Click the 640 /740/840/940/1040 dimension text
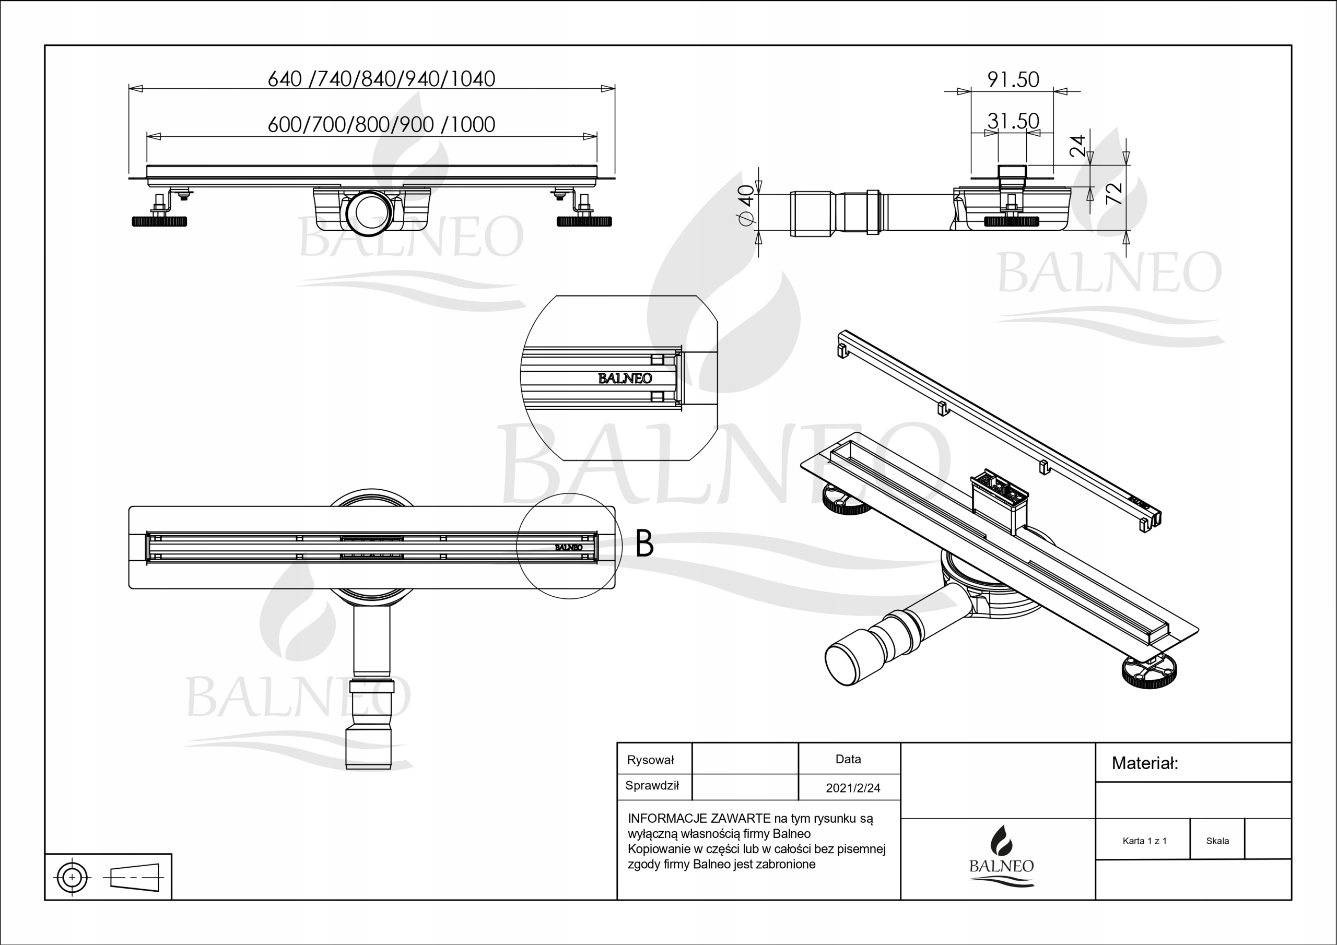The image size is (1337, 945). click(381, 79)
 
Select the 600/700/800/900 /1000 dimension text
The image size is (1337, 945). click(381, 125)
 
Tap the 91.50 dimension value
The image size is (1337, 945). click(1013, 80)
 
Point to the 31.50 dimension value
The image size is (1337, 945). click(1013, 121)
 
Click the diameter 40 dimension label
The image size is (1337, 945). click(746, 204)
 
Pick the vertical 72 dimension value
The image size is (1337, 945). click(1113, 193)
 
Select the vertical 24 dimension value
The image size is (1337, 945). click(1078, 146)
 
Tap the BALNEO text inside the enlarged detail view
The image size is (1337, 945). click(625, 379)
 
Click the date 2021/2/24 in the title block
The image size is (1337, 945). click(852, 788)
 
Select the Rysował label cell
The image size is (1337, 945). click(650, 760)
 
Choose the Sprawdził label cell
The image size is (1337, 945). click(652, 785)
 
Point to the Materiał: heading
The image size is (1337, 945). click(1144, 763)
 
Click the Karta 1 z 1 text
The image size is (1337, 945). click(1144, 841)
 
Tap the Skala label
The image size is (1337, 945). click(1217, 841)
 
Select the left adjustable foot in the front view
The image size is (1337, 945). click(160, 221)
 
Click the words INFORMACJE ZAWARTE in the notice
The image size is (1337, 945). click(699, 819)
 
